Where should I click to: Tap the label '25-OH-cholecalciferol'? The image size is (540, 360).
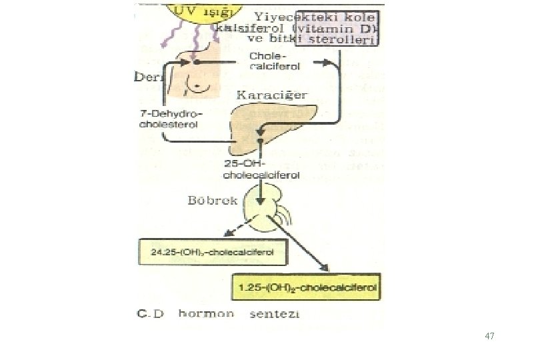[261, 171]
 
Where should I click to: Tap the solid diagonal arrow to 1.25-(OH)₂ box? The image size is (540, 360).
[303, 247]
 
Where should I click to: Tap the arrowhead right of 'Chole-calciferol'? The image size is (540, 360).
[326, 63]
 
